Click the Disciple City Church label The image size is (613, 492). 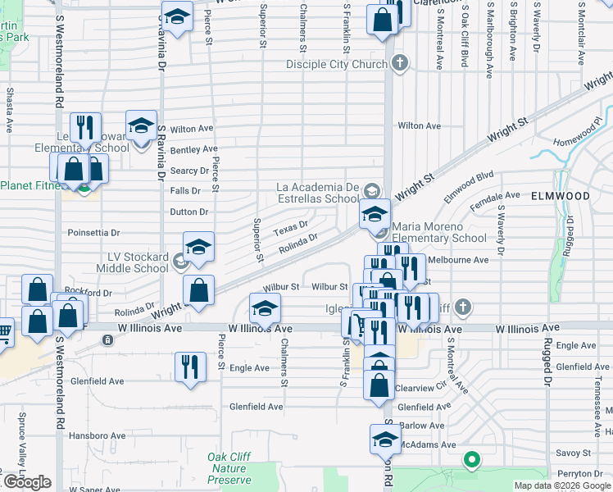point(337,64)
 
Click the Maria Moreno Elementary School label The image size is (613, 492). point(439,232)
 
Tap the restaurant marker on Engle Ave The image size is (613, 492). point(190,367)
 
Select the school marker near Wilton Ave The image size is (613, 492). point(141,126)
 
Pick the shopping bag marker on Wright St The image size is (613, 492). point(198,289)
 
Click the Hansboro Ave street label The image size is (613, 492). point(97,435)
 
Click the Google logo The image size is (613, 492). point(26,482)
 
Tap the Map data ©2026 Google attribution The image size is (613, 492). point(561,485)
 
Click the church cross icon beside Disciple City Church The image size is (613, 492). point(399,63)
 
